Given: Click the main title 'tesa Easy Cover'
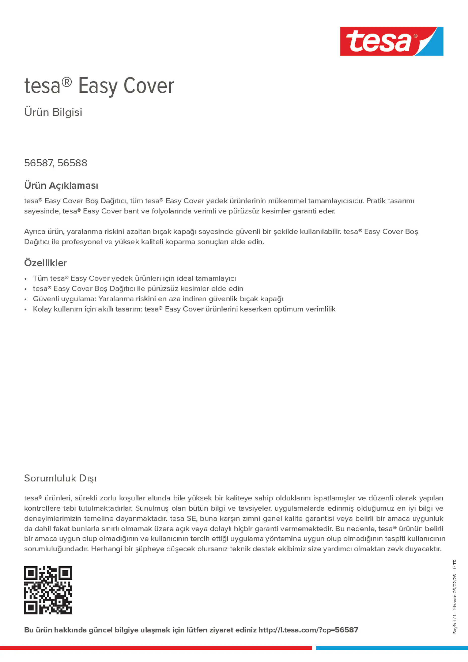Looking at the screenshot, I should click(x=99, y=86).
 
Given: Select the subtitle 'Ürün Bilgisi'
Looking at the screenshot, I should click(x=53, y=112).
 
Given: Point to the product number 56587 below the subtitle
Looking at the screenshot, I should click(x=38, y=163).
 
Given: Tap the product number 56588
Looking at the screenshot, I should click(x=72, y=163).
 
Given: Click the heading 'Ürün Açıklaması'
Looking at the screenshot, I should click(x=61, y=185).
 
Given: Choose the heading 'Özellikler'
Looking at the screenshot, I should click(x=45, y=263).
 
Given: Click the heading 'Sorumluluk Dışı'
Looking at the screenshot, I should click(x=60, y=478).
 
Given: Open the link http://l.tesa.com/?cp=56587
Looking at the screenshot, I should click(x=308, y=630).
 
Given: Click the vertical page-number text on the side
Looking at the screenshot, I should click(x=455, y=597).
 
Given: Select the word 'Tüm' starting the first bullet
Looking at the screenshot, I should click(x=40, y=278).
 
